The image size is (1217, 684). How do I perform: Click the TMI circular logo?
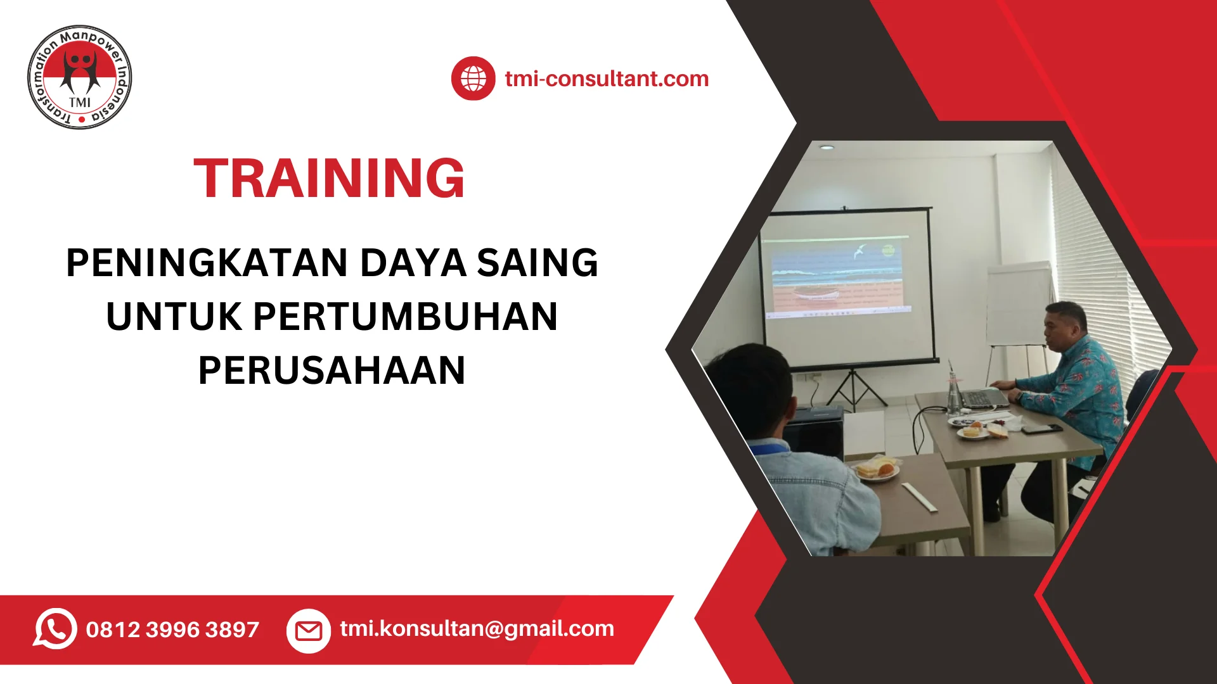tap(80, 77)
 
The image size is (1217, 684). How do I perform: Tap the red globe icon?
tap(473, 79)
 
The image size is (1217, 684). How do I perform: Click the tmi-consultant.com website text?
tap(607, 79)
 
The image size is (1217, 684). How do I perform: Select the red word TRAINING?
tap(330, 179)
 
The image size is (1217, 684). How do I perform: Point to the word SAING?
tap(538, 263)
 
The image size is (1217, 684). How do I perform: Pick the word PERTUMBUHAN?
tap(406, 317)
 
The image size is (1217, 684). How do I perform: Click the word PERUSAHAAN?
tap(332, 370)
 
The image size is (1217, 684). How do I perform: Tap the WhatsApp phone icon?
tap(55, 629)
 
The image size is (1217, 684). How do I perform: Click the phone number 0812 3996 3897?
tap(172, 630)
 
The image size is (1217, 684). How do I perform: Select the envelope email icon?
tap(309, 630)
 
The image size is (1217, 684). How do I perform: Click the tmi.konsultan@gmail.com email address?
tap(477, 628)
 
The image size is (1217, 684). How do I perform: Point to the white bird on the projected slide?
tap(860, 251)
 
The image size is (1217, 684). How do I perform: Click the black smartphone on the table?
tap(1041, 429)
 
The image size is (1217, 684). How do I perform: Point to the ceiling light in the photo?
tap(827, 147)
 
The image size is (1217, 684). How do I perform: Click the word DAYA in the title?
tap(413, 263)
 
